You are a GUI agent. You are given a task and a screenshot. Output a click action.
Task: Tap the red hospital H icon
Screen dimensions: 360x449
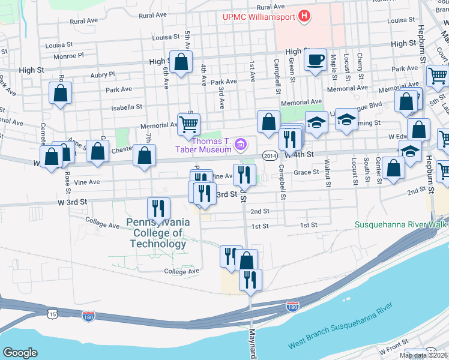305,16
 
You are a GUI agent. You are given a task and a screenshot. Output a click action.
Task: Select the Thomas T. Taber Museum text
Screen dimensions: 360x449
212,145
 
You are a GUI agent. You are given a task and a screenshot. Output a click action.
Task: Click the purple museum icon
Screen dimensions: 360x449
241,144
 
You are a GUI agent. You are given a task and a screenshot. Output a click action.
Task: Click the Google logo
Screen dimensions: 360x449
20,353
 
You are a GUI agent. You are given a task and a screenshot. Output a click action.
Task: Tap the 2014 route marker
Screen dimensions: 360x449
269,155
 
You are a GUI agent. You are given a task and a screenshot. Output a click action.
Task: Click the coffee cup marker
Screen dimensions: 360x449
315,59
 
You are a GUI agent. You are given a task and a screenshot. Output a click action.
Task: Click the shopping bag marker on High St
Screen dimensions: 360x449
181,62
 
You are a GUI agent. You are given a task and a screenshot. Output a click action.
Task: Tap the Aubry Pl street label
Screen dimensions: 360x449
101,74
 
